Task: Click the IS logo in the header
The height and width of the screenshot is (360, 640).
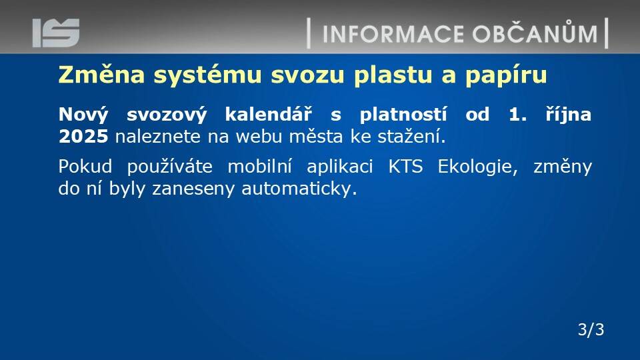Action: pos(56,33)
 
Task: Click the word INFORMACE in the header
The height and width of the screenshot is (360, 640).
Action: pos(393,34)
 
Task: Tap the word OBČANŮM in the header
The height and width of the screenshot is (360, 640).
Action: pos(535,32)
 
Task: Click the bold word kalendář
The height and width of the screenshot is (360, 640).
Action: pos(268,114)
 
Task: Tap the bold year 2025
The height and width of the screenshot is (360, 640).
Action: pos(83,136)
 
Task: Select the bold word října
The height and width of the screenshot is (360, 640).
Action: pos(569,115)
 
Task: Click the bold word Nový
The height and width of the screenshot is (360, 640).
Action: pos(84,115)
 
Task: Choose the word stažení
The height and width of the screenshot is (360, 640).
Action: pos(411,136)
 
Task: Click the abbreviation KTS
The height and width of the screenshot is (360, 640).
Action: pos(405,167)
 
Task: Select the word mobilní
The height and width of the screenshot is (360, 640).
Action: pos(259,166)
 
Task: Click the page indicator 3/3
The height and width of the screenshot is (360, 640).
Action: pos(591,329)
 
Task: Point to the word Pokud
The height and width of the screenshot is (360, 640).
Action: pos(85,167)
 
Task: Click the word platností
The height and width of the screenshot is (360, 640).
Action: pos(403,115)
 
